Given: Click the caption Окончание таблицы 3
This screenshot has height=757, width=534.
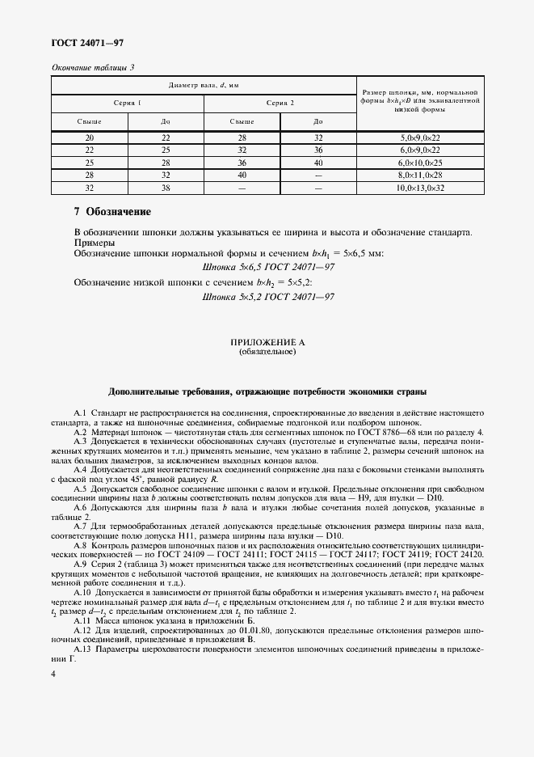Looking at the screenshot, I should pos(93,67).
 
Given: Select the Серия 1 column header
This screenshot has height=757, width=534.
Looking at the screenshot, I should pos(128,103).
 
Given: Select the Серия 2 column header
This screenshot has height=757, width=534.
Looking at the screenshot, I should pos(280,103).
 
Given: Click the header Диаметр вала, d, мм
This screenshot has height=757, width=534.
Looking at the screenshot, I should pos(204,85).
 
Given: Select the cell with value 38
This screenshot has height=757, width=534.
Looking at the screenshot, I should pos(166,187).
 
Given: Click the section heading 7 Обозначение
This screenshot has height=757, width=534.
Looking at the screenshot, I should pos(112,212).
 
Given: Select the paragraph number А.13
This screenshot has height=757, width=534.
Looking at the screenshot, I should pos(82,649).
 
